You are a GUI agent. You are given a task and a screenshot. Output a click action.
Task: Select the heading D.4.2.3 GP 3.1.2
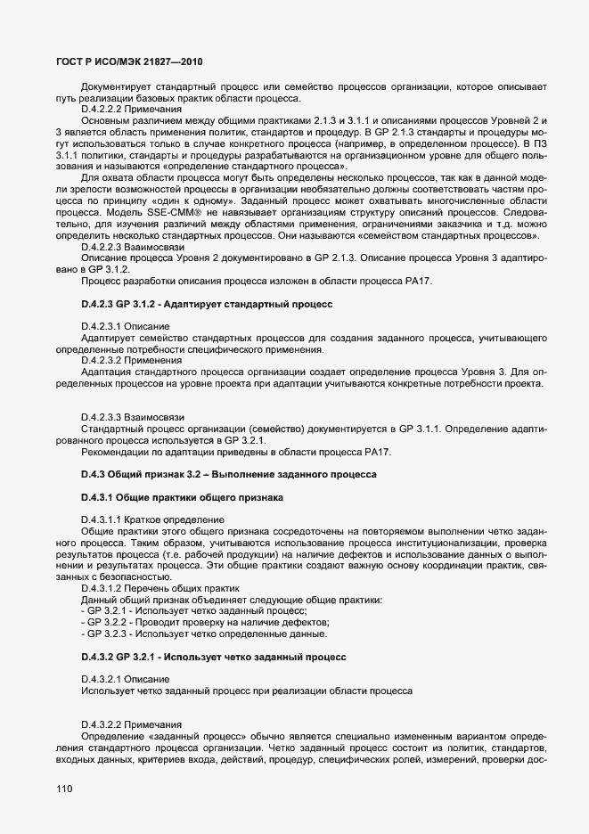[206, 304]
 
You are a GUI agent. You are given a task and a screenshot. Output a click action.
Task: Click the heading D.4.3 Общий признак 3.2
[229, 474]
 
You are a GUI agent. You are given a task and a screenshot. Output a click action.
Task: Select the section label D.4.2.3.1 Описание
[122, 327]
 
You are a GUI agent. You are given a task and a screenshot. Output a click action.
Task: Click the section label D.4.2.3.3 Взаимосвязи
[132, 417]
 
